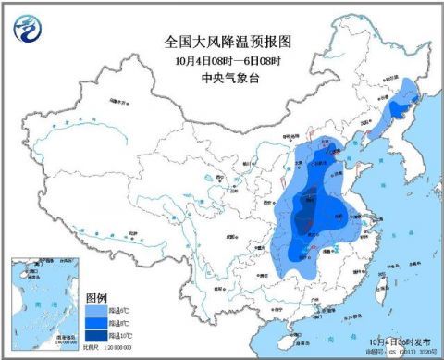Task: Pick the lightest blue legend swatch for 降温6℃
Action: (x=95, y=311)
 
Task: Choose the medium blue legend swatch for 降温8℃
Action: (x=95, y=324)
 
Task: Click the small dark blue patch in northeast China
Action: (x=397, y=110)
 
